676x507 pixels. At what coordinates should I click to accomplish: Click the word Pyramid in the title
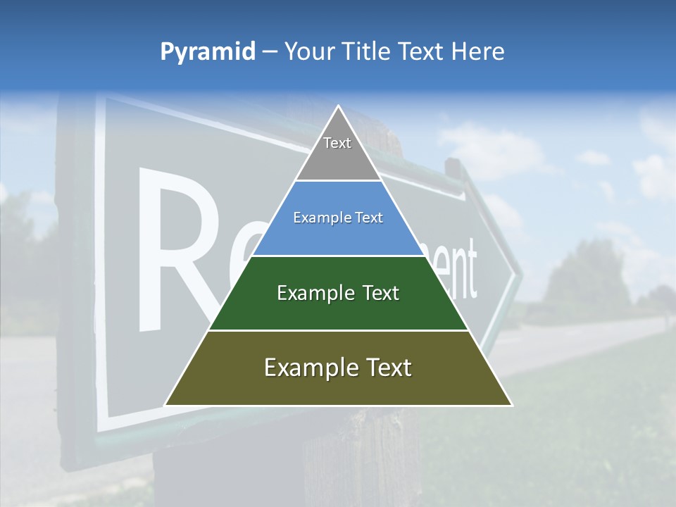click(207, 52)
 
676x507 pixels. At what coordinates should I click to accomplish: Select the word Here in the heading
click(478, 51)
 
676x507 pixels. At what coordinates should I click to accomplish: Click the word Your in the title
click(308, 51)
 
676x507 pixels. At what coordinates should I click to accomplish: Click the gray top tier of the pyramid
click(338, 158)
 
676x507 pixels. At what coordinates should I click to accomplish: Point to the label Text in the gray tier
click(337, 143)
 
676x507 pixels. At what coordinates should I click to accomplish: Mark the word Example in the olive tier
click(309, 368)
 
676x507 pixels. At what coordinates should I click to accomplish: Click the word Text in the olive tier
click(387, 368)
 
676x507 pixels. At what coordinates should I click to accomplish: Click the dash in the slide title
click(270, 51)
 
